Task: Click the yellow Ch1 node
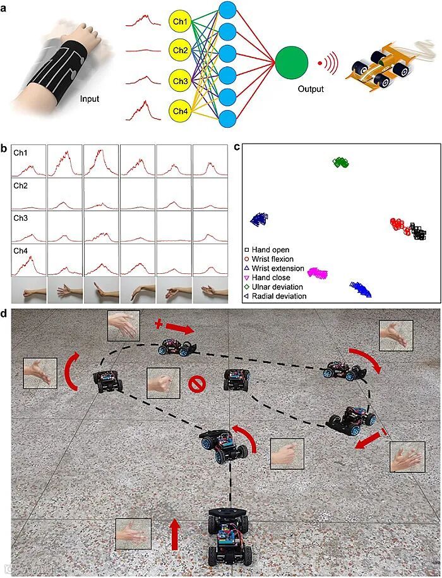[x=180, y=22]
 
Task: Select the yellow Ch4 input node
[x=180, y=112]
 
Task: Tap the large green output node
[x=292, y=63]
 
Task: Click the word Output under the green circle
[x=311, y=89]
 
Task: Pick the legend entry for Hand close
[x=270, y=278]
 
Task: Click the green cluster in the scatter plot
[x=342, y=163]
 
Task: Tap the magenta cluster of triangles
[x=318, y=273]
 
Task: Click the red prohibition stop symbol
[x=197, y=383]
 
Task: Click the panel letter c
[x=237, y=147]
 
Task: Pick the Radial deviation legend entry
[x=276, y=296]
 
